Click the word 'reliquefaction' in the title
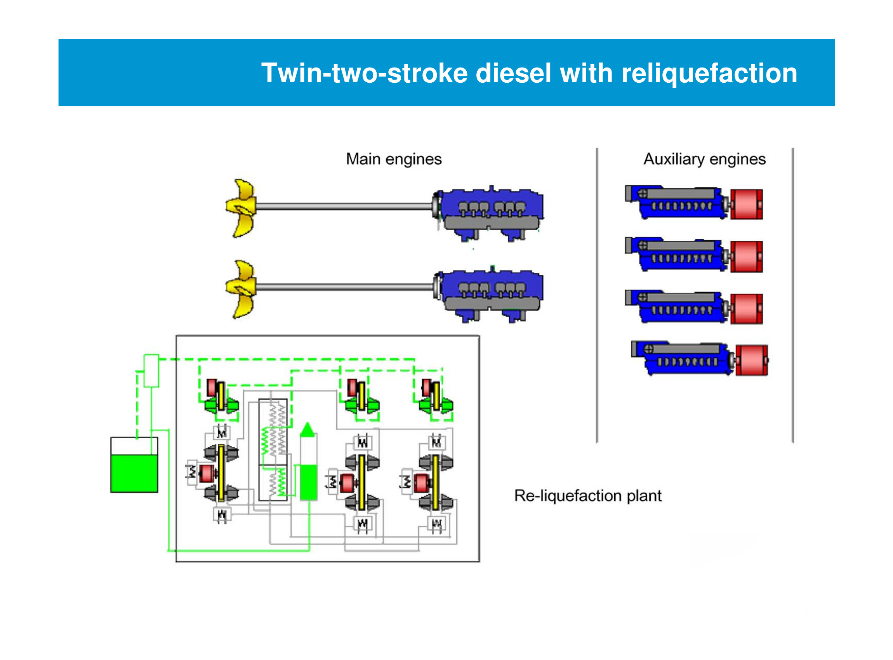[x=709, y=73]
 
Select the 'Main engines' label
[x=394, y=159]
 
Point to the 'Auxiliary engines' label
[x=704, y=159]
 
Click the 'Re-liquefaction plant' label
[x=587, y=495]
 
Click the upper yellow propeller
[x=241, y=208]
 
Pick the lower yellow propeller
[x=241, y=289]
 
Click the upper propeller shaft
[x=344, y=207]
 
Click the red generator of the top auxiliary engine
[x=746, y=204]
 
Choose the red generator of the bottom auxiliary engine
[x=751, y=360]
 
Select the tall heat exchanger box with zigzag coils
[x=273, y=450]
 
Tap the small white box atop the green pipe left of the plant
[x=151, y=370]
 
